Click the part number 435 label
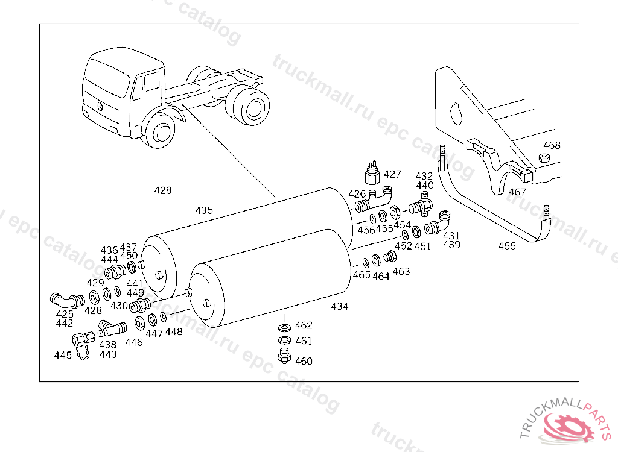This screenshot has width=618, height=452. [204, 211]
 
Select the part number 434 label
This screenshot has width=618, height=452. [340, 306]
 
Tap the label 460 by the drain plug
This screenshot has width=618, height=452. [304, 361]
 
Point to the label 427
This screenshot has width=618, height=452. [392, 175]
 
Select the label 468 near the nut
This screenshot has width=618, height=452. [552, 145]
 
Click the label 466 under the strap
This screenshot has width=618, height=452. [507, 246]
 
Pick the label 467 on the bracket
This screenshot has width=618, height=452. [517, 193]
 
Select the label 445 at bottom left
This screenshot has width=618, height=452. [63, 356]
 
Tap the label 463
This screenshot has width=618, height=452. [401, 271]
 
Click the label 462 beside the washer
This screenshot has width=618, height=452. [304, 326]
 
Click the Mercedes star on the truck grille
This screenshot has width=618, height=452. [97, 107]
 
